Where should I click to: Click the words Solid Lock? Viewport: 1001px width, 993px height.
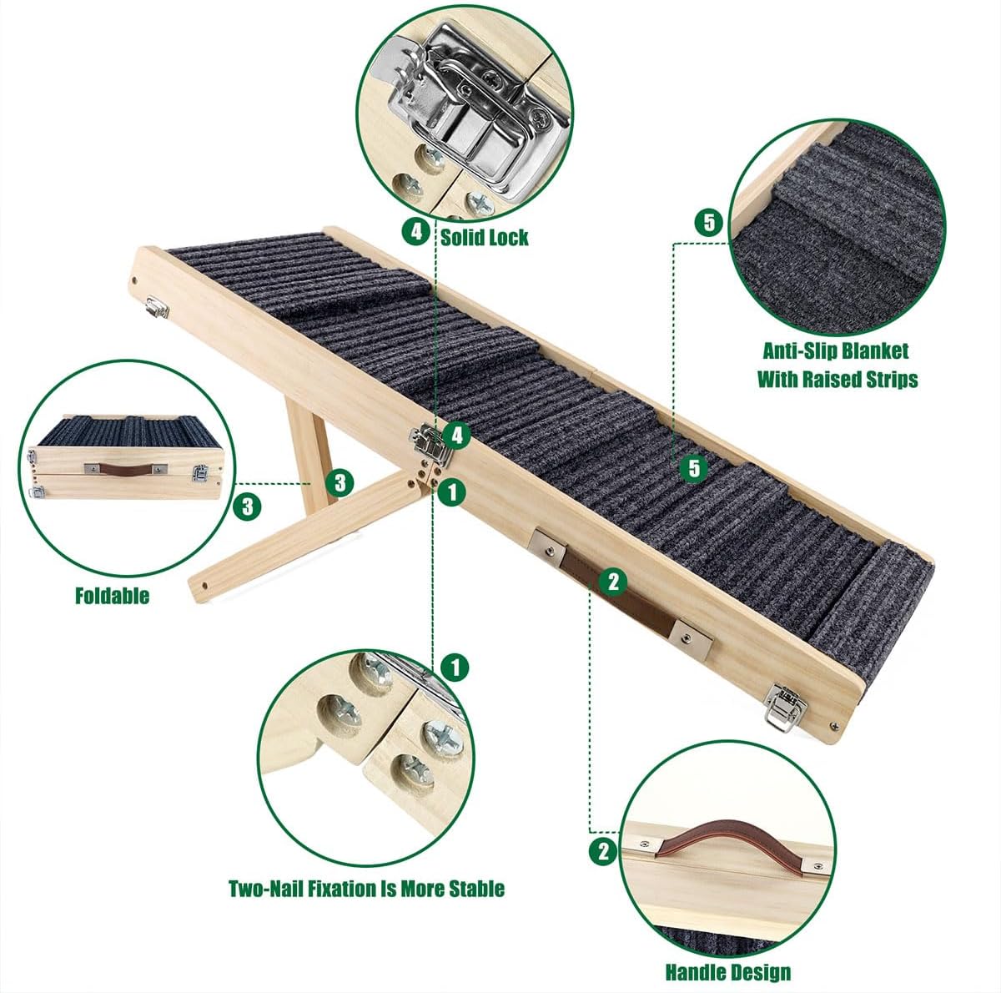[x=484, y=238]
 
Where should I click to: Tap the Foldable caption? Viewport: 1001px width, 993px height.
[x=113, y=596]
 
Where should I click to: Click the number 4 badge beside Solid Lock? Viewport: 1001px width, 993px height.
[x=416, y=232]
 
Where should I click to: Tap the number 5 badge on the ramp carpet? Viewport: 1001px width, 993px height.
[x=695, y=468]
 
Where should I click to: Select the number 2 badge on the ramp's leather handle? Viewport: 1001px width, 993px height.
[x=613, y=582]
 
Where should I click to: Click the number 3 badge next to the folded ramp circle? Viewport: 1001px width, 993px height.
[x=247, y=507]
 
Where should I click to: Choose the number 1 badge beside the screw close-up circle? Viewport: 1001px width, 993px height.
[x=455, y=667]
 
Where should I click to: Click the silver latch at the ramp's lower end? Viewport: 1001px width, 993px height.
[x=786, y=706]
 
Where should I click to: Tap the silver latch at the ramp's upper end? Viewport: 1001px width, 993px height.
[x=157, y=307]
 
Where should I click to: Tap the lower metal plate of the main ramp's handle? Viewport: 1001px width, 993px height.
[x=691, y=639]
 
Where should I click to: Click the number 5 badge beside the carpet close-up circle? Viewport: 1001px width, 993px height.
[x=709, y=223]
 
